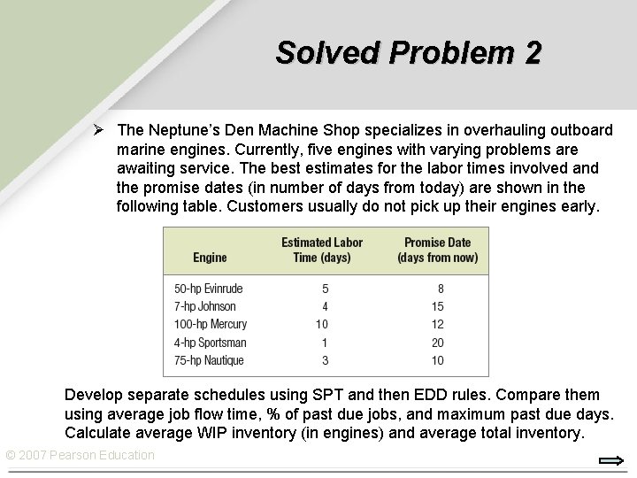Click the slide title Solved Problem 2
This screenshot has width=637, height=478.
point(408,53)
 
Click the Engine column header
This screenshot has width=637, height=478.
point(210,258)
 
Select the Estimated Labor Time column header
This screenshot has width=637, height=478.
point(322,250)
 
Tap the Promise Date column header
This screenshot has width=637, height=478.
point(437,250)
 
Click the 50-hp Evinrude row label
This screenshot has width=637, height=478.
point(209,289)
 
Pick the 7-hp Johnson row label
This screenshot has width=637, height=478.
point(205,306)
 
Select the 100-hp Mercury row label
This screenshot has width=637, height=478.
point(211,324)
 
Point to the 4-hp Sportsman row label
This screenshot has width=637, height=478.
point(211,343)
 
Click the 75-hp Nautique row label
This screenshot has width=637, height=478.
point(209,360)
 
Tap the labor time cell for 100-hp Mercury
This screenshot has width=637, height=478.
point(322,324)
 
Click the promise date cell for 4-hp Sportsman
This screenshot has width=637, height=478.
point(437,343)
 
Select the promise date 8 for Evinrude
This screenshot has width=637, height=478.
point(441,289)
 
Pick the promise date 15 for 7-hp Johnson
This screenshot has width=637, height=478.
point(437,306)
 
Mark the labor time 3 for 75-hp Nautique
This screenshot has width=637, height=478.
point(325,360)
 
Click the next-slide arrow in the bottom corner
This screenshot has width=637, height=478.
point(611,460)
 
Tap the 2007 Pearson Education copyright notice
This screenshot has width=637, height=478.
point(80,455)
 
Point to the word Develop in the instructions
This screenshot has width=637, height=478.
point(92,395)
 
